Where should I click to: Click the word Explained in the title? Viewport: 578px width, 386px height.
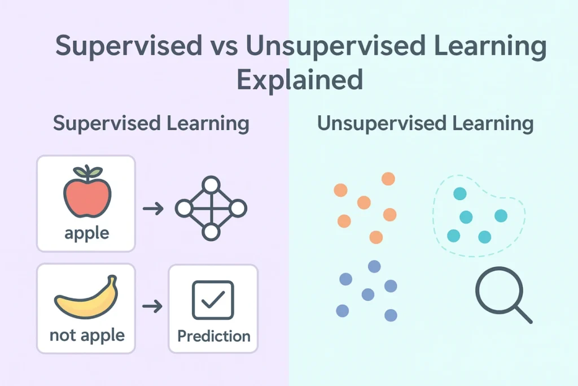click(x=299, y=80)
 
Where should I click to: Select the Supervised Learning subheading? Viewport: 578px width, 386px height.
click(x=151, y=124)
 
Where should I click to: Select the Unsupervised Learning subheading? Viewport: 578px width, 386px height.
click(x=425, y=124)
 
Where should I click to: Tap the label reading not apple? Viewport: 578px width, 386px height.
click(x=86, y=335)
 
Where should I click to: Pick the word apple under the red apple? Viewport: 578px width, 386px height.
click(x=86, y=232)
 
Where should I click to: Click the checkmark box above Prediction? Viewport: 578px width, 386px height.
click(x=213, y=300)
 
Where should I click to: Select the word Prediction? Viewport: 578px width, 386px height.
click(x=213, y=336)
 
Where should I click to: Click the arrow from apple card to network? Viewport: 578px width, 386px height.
click(x=152, y=209)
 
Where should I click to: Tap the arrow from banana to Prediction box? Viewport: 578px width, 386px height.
click(x=152, y=306)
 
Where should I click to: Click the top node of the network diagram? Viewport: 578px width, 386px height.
click(x=211, y=185)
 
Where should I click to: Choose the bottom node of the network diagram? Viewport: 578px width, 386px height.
click(x=211, y=232)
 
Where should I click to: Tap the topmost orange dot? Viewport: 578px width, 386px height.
click(x=388, y=179)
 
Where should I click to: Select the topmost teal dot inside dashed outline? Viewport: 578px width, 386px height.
click(x=459, y=194)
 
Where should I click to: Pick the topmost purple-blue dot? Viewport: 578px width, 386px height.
click(x=374, y=266)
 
